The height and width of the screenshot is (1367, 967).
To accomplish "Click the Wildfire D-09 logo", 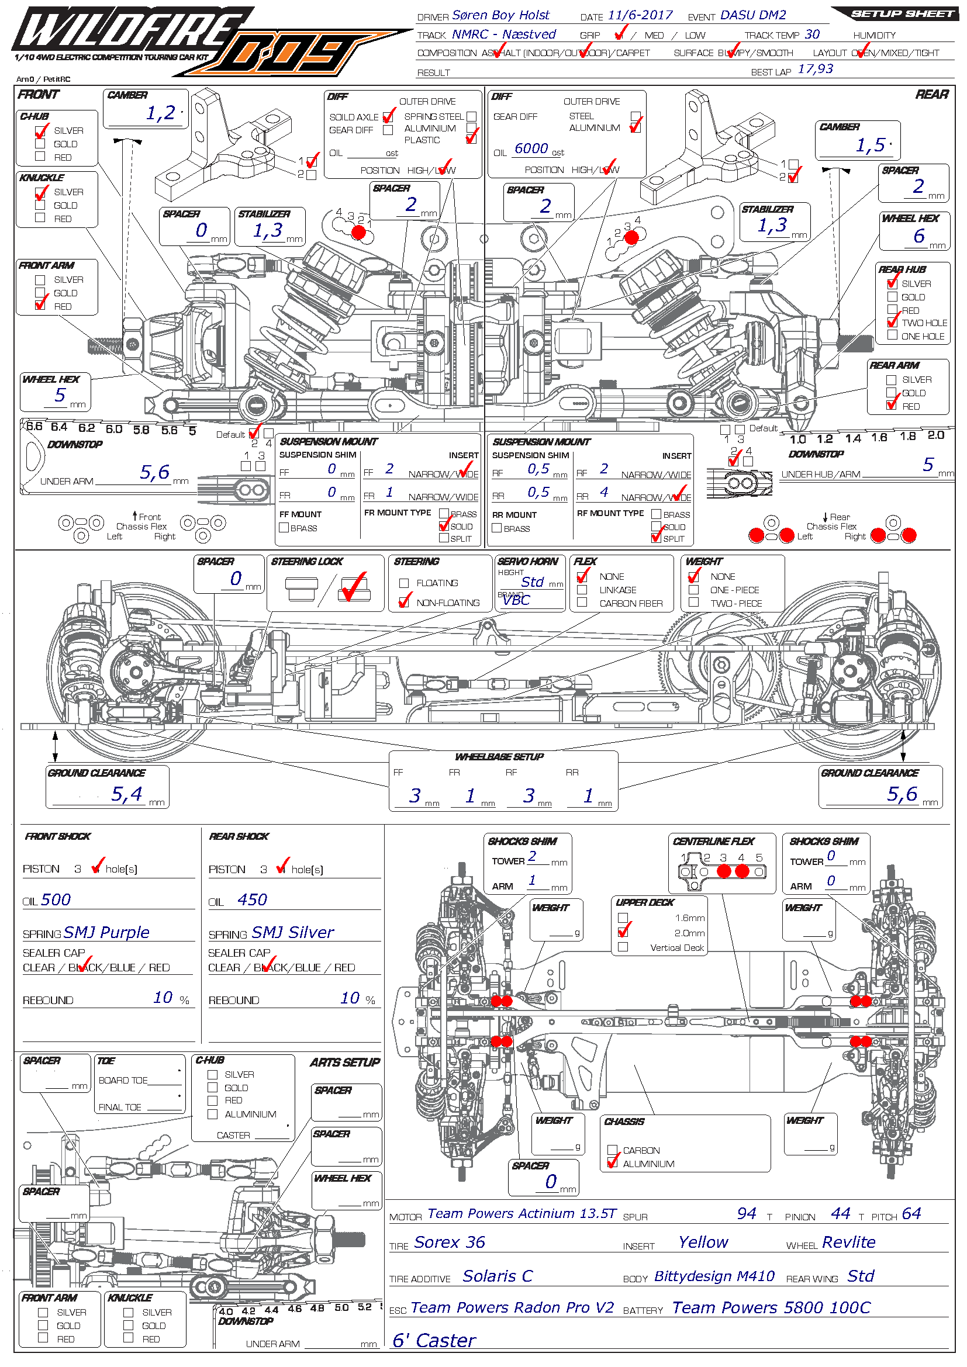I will coord(179,41).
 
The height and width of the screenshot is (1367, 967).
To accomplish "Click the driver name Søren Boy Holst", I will coord(500,15).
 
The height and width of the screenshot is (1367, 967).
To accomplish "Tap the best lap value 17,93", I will coord(815,69).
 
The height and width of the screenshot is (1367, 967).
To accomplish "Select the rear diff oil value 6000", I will coord(531,148).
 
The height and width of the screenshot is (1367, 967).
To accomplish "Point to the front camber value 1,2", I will coord(161,113).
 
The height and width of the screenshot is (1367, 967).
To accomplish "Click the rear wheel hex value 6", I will coord(919,236).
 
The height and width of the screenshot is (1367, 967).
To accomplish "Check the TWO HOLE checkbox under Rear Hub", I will coord(892,322).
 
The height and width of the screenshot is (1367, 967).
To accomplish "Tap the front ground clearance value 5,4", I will coord(127,794).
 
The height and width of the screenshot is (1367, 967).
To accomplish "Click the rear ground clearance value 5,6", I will coord(902,794).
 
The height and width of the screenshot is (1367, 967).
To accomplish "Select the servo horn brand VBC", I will coord(516,600).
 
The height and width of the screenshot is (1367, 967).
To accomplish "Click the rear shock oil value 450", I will coord(252,899).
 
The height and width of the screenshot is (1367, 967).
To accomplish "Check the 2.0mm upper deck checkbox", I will coord(623,932).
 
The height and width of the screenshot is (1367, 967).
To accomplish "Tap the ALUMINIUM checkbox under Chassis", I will coord(612,1163).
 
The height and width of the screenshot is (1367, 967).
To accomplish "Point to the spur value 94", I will coord(747,1213).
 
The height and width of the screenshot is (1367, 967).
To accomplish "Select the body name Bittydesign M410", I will coord(714,1276).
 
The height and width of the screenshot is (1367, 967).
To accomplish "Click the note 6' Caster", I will coord(434,1340).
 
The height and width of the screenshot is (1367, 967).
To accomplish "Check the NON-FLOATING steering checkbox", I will coord(405,603).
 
